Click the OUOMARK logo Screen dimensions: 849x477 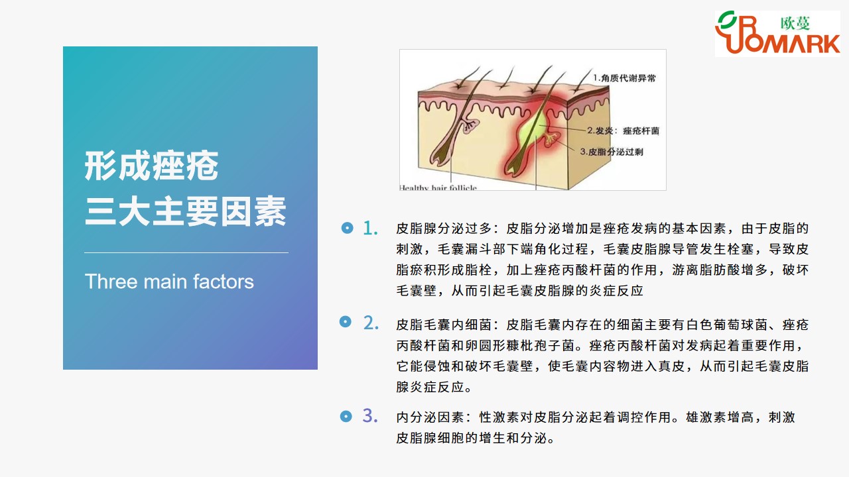click(x=777, y=33)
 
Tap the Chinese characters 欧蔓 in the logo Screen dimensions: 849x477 click(x=795, y=23)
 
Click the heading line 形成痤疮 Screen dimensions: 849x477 click(x=151, y=166)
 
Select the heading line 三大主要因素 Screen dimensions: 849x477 click(x=185, y=211)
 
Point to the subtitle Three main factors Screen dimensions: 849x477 click(x=169, y=282)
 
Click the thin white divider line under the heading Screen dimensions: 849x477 click(x=186, y=252)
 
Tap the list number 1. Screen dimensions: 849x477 click(x=370, y=229)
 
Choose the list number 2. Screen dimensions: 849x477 click(x=371, y=323)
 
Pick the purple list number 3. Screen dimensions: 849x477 click(x=370, y=415)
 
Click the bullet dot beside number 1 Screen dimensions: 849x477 click(x=347, y=228)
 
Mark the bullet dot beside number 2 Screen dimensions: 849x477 click(x=346, y=322)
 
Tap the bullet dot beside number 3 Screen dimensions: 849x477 click(x=346, y=417)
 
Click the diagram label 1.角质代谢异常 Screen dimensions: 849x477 click(x=624, y=78)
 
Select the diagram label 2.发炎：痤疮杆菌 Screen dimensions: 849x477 click(x=623, y=131)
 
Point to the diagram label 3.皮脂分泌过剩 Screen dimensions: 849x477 click(x=612, y=152)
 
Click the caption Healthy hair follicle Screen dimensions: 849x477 click(x=438, y=187)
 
